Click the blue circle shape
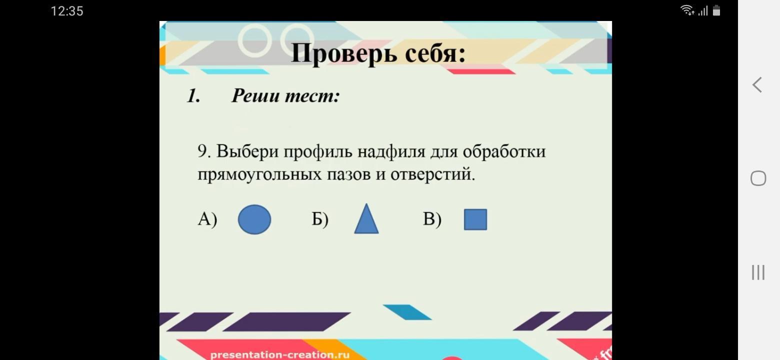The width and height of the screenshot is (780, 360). pos(254,219)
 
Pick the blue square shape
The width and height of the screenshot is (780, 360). pos(475,219)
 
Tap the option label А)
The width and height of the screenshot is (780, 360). pos(207,219)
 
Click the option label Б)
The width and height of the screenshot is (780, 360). pos(320,219)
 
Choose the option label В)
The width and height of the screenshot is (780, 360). pos(432,219)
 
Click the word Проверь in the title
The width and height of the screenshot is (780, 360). pos(343,53)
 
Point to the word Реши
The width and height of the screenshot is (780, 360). pos(255,95)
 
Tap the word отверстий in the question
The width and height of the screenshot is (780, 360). pos(432,174)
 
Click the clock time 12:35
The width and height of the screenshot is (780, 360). pos(67,11)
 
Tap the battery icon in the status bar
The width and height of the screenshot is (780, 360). pos(716,10)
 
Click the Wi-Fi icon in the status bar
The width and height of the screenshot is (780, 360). pos(687,10)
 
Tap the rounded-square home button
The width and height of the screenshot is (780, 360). pos(758,178)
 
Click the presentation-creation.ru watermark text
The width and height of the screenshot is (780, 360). pos(279,355)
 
